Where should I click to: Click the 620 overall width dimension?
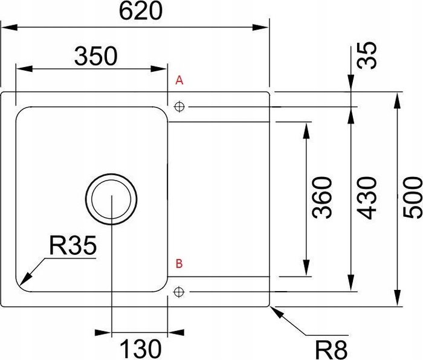pos(141,11)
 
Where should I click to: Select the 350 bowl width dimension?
pos(96,56)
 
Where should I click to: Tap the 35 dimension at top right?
pos(366,56)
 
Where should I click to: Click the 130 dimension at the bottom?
pos(140,349)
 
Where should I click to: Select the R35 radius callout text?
pos(73,245)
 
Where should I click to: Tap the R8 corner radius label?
pos(331,350)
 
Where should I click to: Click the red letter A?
pos(179,80)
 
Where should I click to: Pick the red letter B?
pos(179,263)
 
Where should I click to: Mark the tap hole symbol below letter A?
pos(179,106)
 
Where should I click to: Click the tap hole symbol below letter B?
pos(179,292)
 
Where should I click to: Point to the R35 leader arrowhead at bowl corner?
pos(25,278)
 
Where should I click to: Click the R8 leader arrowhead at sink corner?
pos(277,312)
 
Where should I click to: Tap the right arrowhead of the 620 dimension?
pos(260,27)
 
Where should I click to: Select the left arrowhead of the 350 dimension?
pos(24,68)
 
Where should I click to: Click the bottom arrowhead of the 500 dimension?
pos(397,298)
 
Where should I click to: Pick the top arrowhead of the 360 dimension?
pos(306,131)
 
